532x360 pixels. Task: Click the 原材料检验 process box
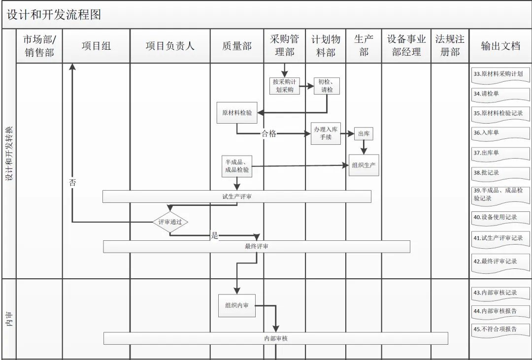click(237, 113)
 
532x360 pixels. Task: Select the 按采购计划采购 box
click(284, 86)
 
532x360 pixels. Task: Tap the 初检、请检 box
click(327, 86)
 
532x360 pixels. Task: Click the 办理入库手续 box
click(326, 133)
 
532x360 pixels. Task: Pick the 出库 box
click(364, 133)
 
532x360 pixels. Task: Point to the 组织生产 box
click(364, 165)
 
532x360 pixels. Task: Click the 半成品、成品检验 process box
click(236, 166)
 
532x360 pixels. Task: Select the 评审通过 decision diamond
click(170, 222)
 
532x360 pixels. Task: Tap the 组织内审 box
click(237, 305)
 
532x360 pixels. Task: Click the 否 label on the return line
click(72, 182)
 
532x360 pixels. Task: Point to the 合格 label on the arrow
click(268, 133)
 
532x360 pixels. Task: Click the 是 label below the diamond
click(214, 235)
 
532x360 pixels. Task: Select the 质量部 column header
click(236, 46)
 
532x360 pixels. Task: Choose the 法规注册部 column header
click(449, 46)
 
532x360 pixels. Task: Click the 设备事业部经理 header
click(406, 46)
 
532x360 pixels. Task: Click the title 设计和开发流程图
click(54, 15)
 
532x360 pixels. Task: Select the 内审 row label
click(9, 319)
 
